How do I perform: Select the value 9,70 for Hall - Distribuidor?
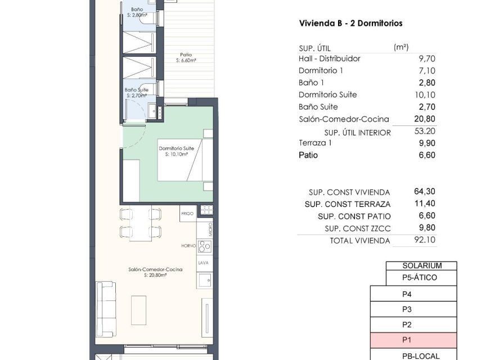point(427,58)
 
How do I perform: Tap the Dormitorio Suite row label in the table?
point(328,94)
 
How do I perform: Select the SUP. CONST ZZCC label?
point(357,228)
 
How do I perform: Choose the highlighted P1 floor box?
point(413,340)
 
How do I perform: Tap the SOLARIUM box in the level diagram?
point(421,266)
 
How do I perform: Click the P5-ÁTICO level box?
point(421,277)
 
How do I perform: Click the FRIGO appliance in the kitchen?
point(187,214)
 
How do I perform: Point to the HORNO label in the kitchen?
point(188,246)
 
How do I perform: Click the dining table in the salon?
point(140,223)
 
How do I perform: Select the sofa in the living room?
point(105,308)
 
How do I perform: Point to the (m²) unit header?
point(401,47)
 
